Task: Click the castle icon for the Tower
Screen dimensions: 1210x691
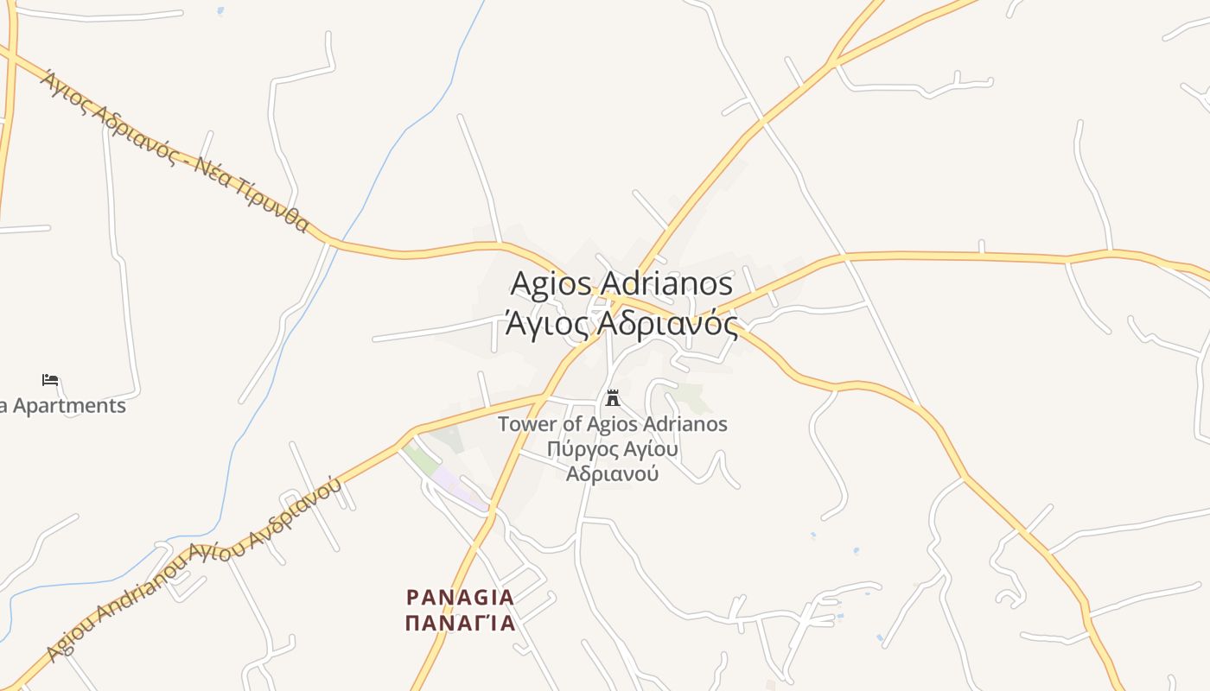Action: coord(613,398)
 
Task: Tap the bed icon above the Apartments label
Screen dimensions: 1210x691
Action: coord(50,380)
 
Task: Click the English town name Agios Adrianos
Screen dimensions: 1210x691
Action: coord(621,283)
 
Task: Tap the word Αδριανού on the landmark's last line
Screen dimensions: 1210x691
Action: coord(613,473)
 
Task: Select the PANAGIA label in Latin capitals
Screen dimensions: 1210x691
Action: coord(461,597)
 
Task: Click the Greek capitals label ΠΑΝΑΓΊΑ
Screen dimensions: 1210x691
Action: coord(461,623)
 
